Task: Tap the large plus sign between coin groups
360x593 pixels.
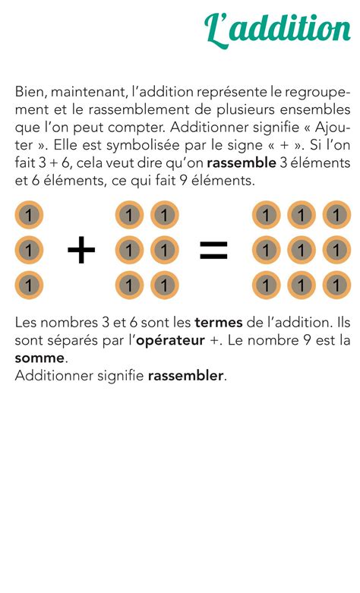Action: point(81,250)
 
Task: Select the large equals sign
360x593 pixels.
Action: point(213,251)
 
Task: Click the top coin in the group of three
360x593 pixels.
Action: point(29,215)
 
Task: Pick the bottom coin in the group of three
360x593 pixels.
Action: point(29,285)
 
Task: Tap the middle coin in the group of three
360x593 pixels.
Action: point(29,250)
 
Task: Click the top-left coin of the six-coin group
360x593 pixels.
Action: point(129,215)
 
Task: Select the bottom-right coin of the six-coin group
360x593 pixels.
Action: point(164,285)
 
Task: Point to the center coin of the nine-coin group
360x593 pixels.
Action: point(302,250)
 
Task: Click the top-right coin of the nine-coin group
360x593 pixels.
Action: point(336,215)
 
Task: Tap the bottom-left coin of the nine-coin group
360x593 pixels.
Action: point(266,285)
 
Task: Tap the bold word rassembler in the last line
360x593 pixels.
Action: point(186,376)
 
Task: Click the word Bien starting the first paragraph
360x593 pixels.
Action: point(30,93)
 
